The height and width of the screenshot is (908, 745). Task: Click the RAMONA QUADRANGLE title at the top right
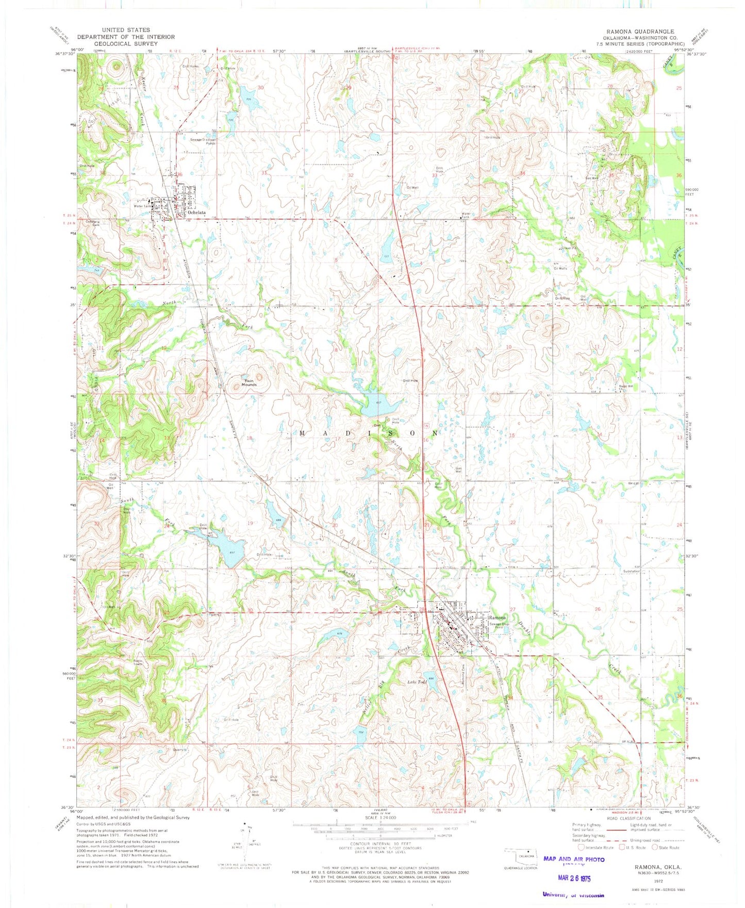(636, 31)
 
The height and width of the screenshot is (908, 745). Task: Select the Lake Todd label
(417, 682)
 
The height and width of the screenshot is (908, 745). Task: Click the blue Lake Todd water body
(431, 684)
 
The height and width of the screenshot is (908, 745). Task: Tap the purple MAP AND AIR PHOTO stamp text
(574, 859)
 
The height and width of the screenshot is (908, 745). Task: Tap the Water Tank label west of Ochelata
(142, 206)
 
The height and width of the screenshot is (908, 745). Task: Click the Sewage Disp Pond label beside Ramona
(499, 626)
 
